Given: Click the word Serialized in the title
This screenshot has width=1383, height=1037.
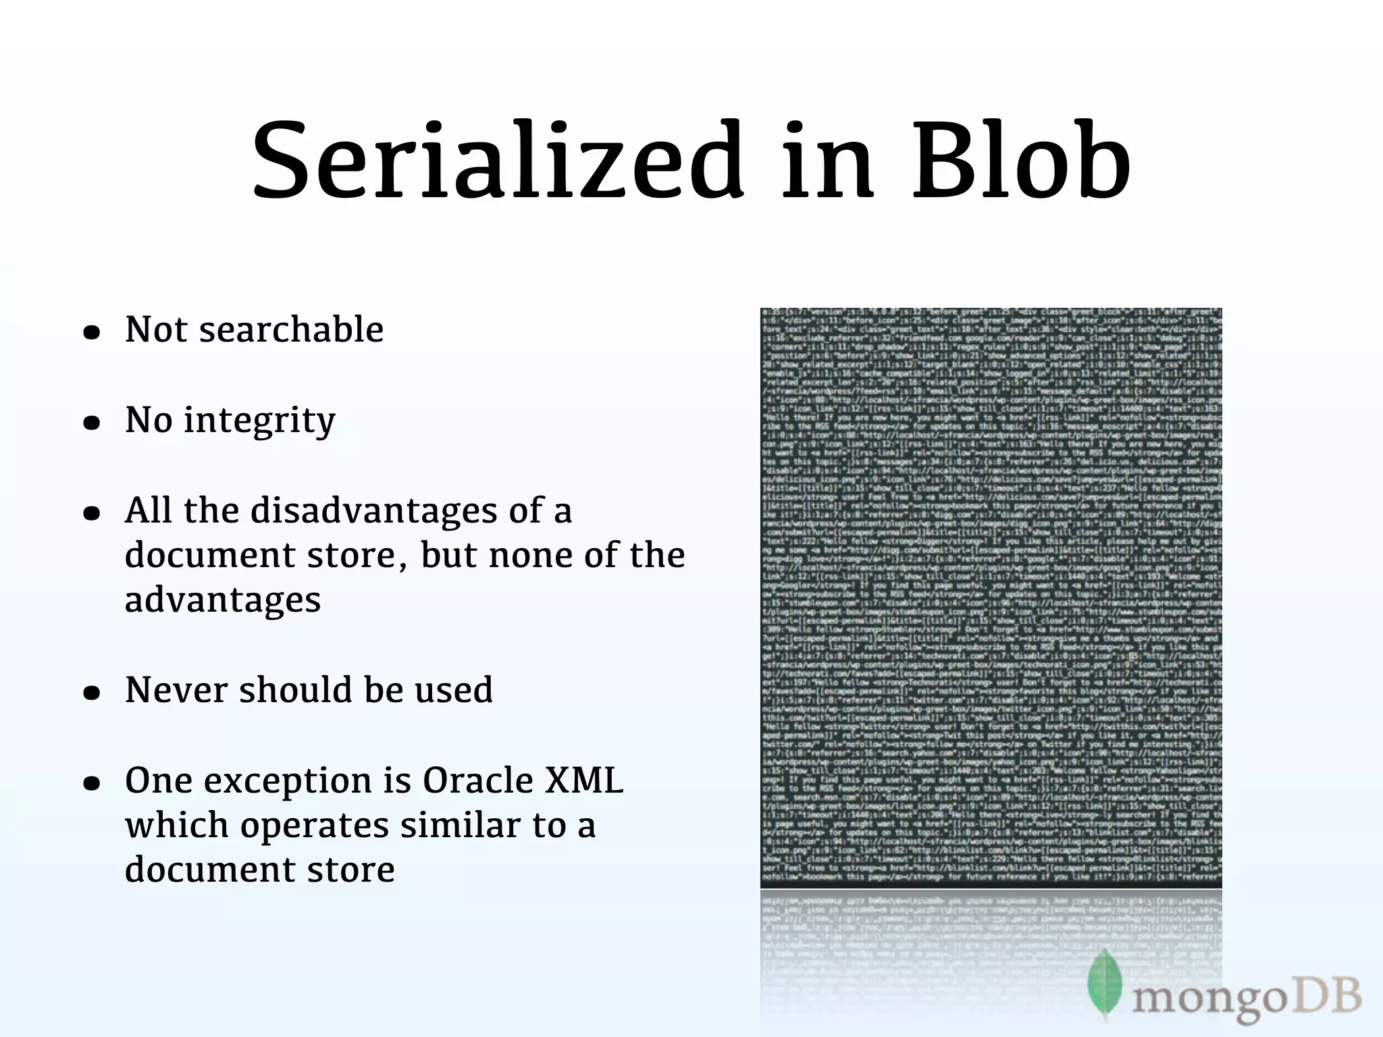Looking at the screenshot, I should [498, 162].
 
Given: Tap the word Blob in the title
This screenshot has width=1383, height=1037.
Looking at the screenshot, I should [1021, 162].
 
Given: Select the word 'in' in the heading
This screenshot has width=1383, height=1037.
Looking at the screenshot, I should [827, 162].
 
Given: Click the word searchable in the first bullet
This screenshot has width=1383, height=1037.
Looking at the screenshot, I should [291, 329].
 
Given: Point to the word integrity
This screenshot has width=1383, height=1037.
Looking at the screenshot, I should [259, 421].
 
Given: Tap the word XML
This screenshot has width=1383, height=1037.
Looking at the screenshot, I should [584, 780].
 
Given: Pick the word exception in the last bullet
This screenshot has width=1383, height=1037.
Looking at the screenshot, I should [288, 782].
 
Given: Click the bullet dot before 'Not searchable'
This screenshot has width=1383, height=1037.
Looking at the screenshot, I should [92, 333].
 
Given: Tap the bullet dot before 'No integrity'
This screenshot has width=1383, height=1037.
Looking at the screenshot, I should [92, 423].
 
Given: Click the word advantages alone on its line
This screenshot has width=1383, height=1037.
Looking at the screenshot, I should [222, 600].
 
